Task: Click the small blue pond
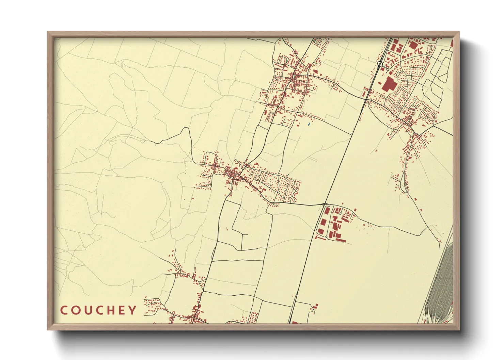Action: click(309, 125)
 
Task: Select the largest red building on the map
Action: click(388, 84)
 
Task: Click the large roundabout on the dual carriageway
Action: click(380, 63)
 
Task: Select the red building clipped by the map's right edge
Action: click(452, 43)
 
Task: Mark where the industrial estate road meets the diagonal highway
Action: click(324, 204)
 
